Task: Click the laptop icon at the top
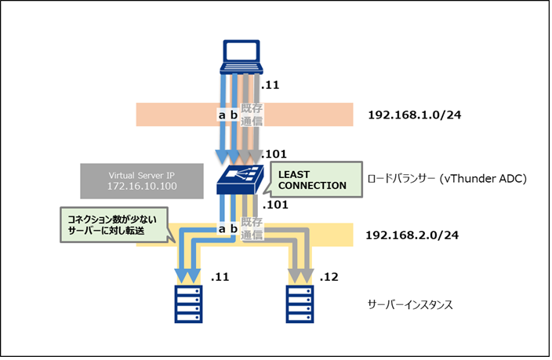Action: tap(243, 53)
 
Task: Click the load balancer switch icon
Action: tap(243, 180)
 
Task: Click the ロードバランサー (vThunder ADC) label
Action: tap(446, 179)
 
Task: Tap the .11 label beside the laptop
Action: tap(271, 85)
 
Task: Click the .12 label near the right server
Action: tap(329, 278)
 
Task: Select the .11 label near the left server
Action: tap(220, 278)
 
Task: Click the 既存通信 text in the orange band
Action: tap(252, 115)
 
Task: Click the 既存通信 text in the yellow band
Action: tap(252, 228)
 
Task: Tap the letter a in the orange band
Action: tap(222, 115)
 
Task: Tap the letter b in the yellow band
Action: tap(233, 228)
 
